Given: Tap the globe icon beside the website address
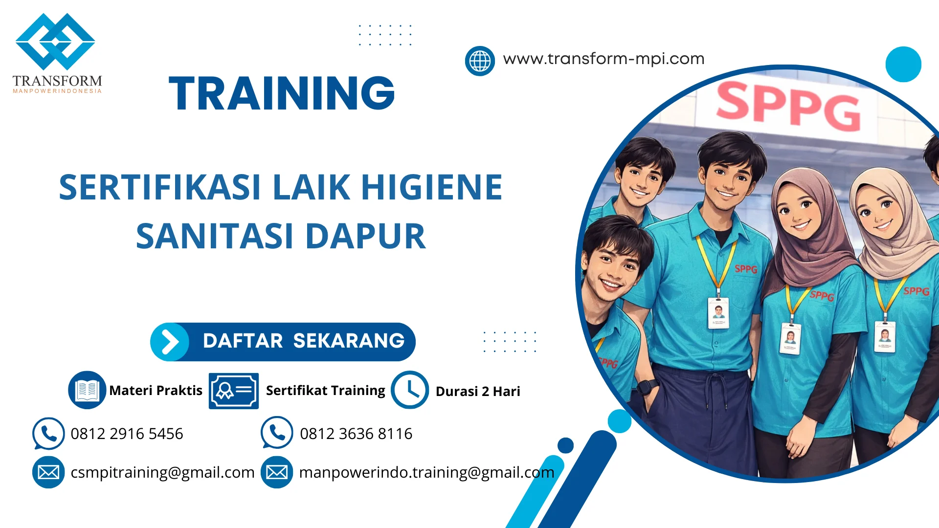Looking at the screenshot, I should click(480, 61).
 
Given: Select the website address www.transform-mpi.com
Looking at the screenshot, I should click(604, 59).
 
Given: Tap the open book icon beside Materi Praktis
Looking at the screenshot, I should click(87, 390).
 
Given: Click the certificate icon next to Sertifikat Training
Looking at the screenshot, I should click(234, 391).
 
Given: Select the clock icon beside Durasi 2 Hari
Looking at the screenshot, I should click(410, 390).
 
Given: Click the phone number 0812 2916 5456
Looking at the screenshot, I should click(127, 434).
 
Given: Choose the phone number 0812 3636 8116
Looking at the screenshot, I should click(356, 434).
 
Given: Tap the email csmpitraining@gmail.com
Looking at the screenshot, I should click(162, 472).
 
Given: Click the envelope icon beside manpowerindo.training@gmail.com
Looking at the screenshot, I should click(277, 472).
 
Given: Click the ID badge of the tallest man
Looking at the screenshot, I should click(718, 312).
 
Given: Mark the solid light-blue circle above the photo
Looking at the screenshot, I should click(903, 64).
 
